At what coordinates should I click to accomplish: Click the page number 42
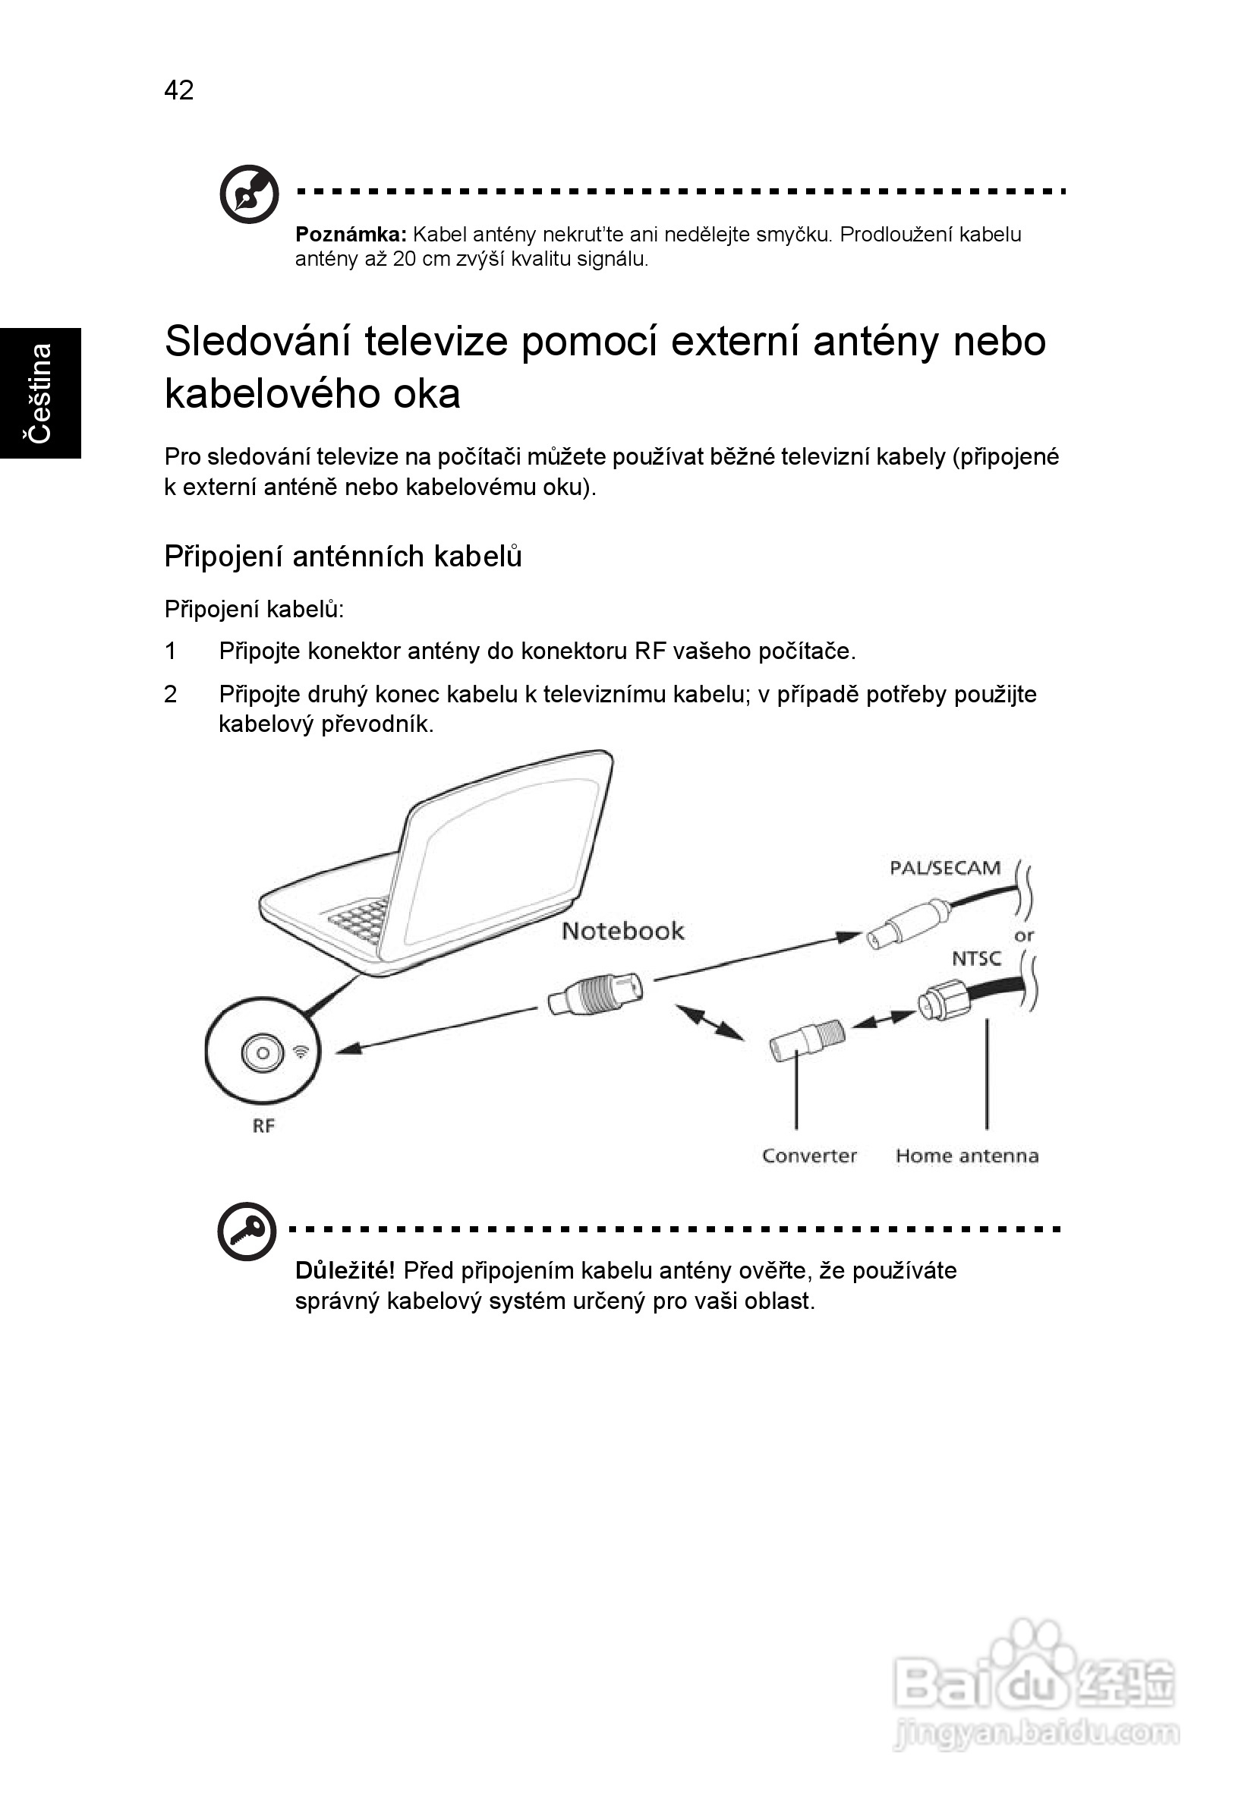[178, 90]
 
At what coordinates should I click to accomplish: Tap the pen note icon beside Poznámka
[249, 194]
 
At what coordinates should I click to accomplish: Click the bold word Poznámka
[351, 234]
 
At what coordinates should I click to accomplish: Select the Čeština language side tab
[40, 393]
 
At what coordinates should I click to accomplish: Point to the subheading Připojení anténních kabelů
[342, 557]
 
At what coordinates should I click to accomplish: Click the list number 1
[171, 651]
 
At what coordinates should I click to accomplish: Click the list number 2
[171, 694]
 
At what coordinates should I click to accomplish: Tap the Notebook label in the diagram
[622, 931]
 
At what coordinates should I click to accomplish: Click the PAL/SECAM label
[944, 869]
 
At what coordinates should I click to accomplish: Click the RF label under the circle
[263, 1126]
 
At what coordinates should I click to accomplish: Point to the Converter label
[808, 1156]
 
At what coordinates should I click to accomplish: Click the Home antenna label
[966, 1156]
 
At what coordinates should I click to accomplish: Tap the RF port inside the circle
[263, 1053]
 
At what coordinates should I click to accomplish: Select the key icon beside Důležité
[247, 1232]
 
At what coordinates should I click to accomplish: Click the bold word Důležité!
[344, 1270]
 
